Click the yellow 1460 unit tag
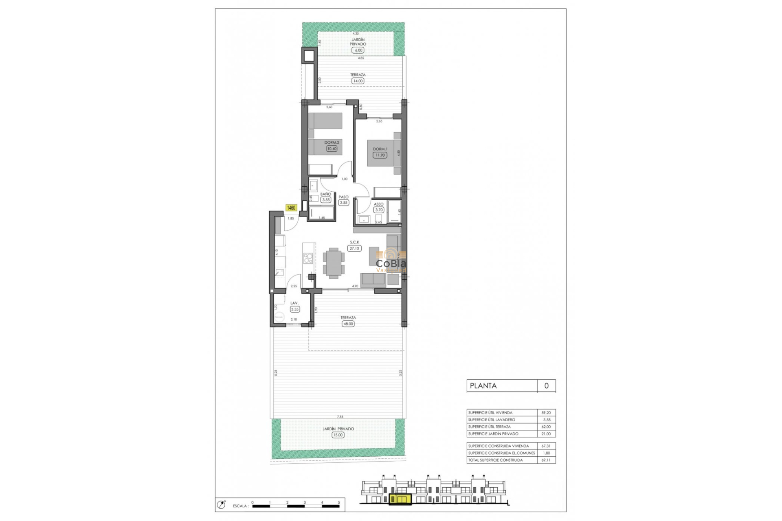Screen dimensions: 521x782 click(x=291, y=208)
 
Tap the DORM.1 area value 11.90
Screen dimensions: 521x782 click(x=380, y=155)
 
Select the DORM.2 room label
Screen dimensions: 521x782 click(x=332, y=142)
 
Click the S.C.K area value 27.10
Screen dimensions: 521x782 click(x=354, y=248)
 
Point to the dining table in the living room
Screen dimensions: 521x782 click(x=334, y=263)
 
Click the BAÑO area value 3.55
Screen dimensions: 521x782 click(x=325, y=200)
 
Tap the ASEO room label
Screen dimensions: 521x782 click(x=378, y=204)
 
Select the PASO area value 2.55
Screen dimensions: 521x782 click(x=344, y=203)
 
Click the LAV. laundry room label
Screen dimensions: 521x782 click(x=294, y=303)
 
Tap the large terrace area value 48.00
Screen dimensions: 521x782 click(x=348, y=324)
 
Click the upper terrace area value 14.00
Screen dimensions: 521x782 click(x=358, y=81)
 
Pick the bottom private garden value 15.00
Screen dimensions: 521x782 click(x=338, y=435)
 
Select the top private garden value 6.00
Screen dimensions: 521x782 click(x=358, y=50)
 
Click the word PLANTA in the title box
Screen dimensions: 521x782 click(x=483, y=386)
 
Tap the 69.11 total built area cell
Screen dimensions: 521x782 click(x=546, y=460)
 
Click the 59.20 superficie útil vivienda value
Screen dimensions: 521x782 click(x=546, y=413)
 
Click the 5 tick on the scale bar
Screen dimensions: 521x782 click(x=339, y=502)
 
